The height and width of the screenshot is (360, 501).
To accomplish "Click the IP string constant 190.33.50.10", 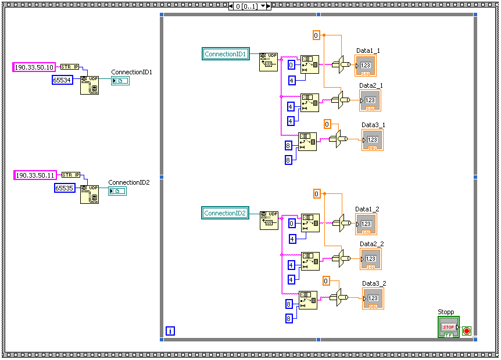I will tap(34, 67).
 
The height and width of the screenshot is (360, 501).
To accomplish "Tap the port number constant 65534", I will tap(62, 80).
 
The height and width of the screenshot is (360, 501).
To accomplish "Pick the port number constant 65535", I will tap(65, 188).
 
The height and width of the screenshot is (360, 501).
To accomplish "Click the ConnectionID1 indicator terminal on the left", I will tap(120, 81).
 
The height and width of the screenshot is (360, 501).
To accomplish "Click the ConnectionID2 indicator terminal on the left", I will tap(117, 191).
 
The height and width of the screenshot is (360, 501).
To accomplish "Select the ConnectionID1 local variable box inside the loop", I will tap(226, 54).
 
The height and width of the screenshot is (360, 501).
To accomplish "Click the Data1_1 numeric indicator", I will tap(366, 66).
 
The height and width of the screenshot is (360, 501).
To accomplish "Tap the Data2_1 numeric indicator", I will tap(370, 100).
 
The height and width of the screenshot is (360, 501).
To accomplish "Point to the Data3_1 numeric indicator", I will tap(373, 140).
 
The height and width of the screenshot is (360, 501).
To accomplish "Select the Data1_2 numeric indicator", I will tap(366, 224).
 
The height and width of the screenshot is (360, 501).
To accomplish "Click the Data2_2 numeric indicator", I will tap(371, 259).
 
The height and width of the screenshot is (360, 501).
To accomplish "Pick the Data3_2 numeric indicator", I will tap(373, 298).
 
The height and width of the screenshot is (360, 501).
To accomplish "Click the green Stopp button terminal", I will tap(448, 327).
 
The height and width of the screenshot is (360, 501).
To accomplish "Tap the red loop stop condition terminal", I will tap(466, 331).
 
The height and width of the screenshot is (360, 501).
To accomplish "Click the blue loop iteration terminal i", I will tap(170, 331).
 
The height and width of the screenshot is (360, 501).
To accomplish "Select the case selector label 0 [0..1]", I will tap(246, 6).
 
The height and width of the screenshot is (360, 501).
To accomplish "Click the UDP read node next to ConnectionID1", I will tap(268, 62).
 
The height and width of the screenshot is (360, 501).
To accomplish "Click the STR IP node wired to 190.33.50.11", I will tap(70, 175).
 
